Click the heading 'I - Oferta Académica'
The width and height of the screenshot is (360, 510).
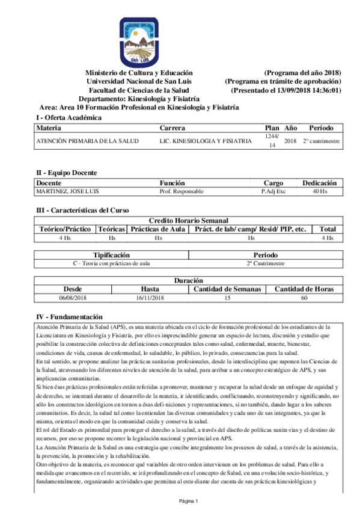coord(69,118)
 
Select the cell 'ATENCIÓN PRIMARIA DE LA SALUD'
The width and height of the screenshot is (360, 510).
coord(87,141)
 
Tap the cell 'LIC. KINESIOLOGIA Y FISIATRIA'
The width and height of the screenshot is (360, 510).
coord(206,141)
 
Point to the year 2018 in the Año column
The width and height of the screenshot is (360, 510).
coord(290,141)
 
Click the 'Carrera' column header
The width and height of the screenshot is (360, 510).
coord(172,128)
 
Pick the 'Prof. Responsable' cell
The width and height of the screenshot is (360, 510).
coord(182,191)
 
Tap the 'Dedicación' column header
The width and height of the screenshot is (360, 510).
coord(319,183)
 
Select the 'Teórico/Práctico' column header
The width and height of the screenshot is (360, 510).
coord(66,229)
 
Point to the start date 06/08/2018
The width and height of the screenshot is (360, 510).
coord(73,298)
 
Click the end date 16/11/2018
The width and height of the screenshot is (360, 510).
coord(150,298)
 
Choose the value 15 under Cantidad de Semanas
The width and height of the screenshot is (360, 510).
coord(227,298)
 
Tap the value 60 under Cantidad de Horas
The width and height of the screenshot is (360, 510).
coord(304,298)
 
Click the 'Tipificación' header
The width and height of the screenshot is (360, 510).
coord(111,255)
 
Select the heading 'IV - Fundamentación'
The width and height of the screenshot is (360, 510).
coord(70,317)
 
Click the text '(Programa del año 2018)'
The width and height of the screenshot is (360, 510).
coord(302,72)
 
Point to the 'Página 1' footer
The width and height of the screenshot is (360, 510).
coord(188,501)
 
